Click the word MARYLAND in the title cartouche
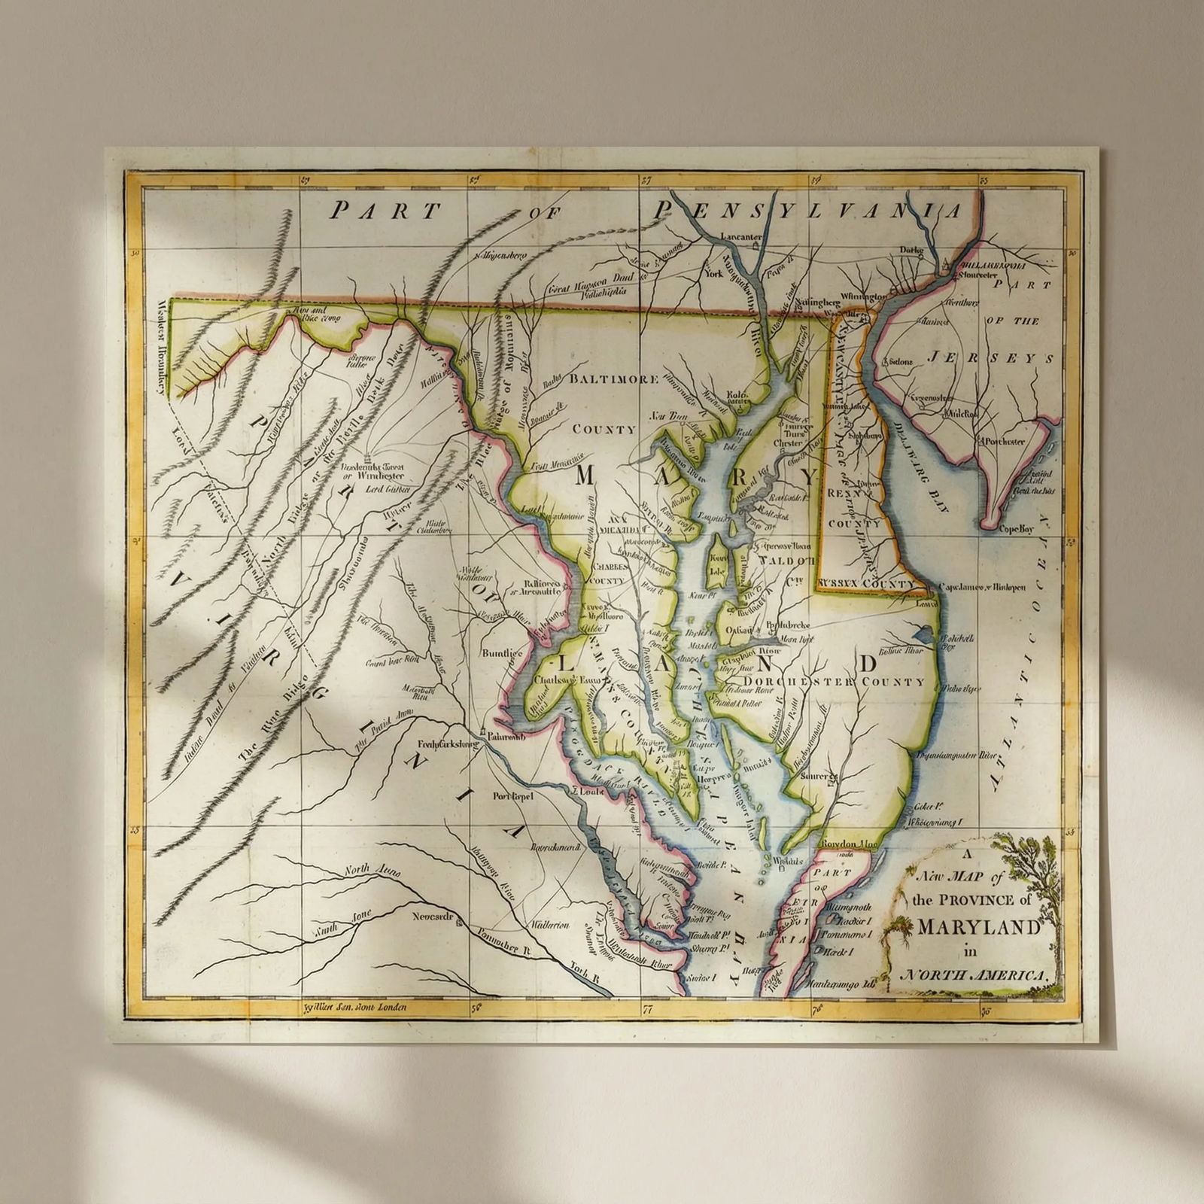[979, 927]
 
